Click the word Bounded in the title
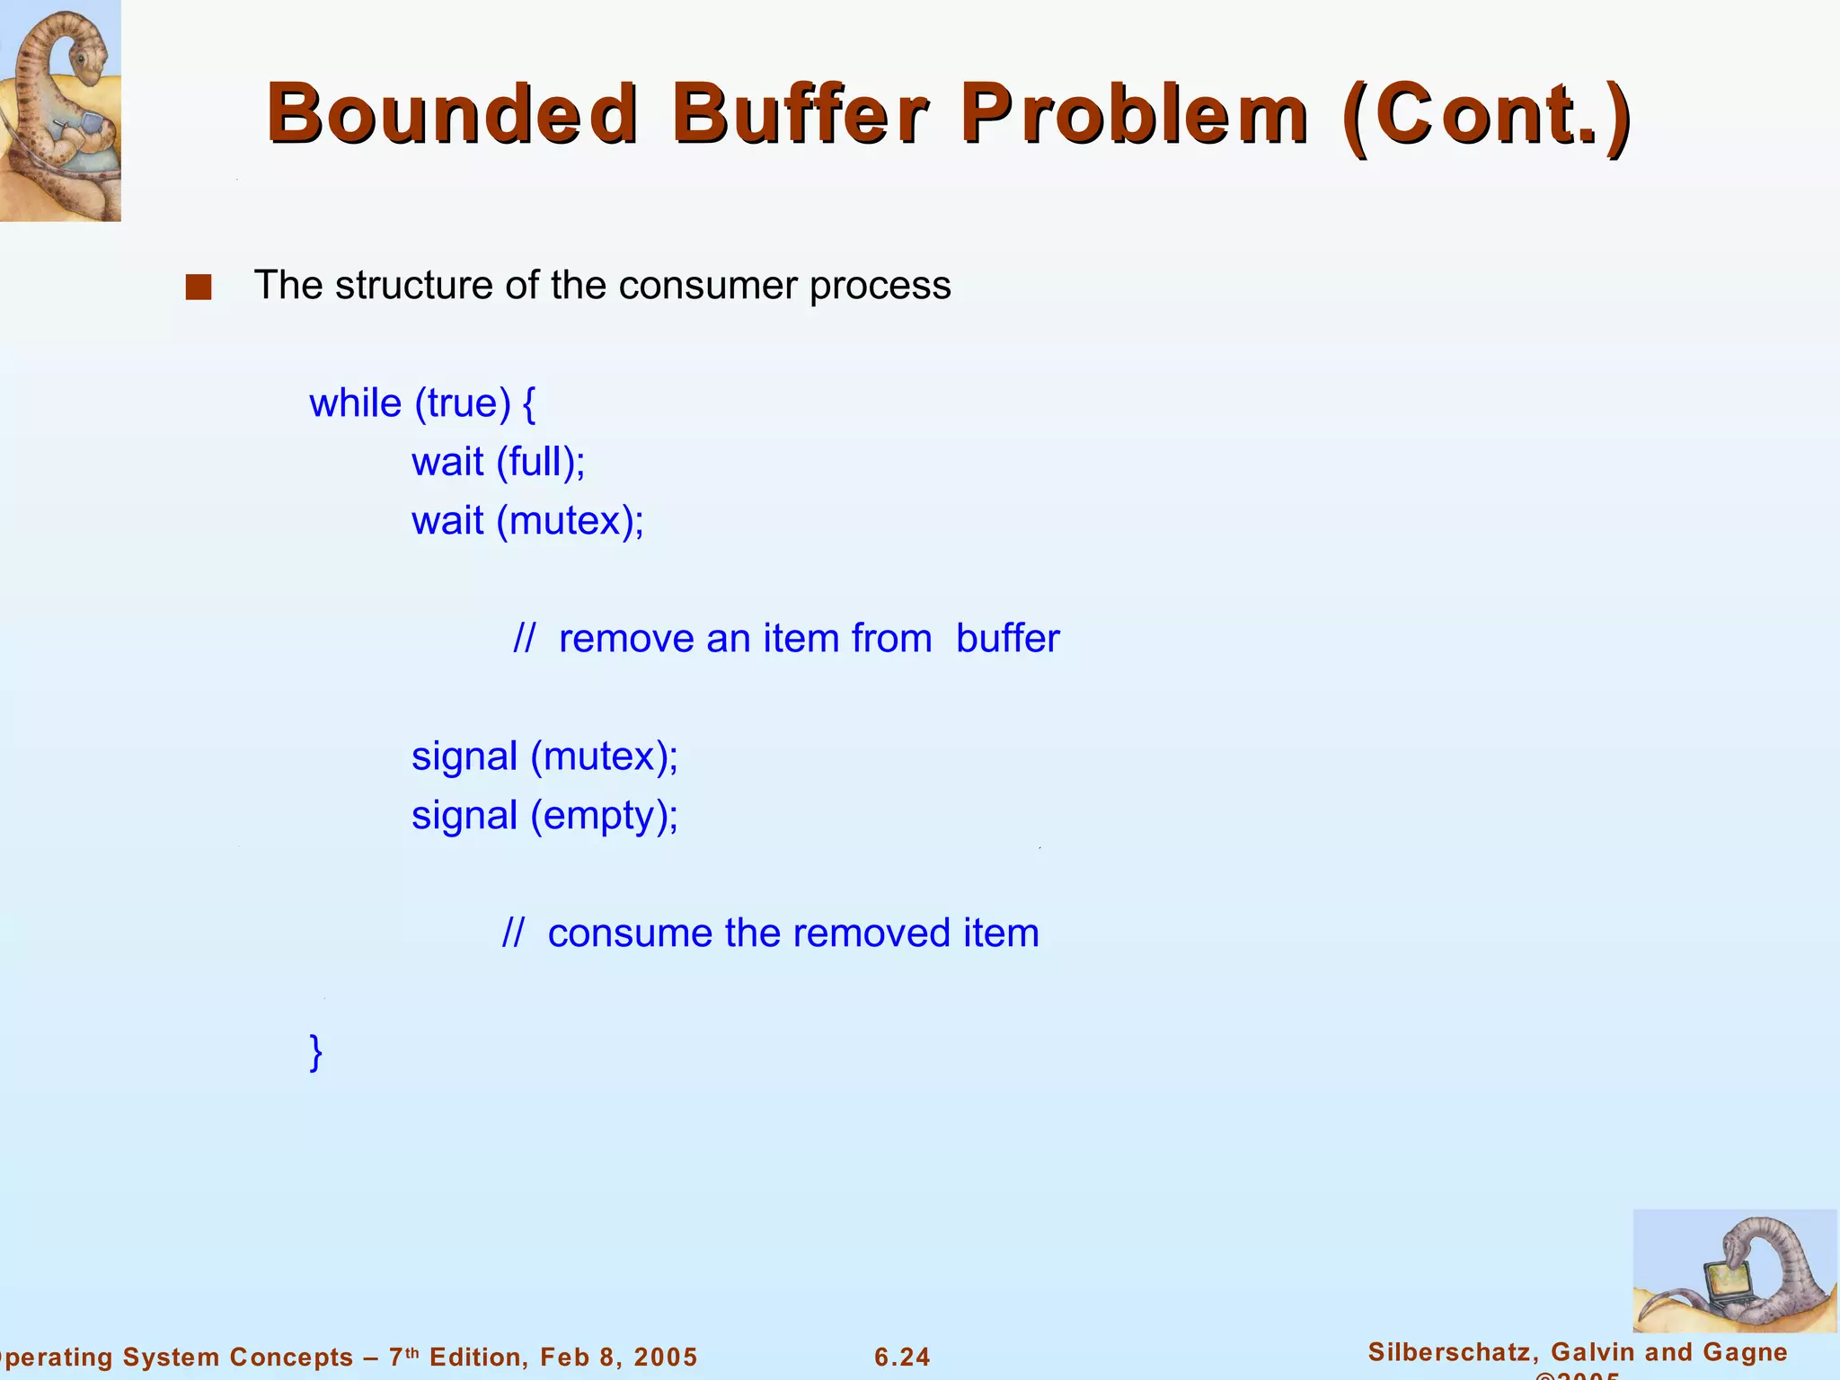[452, 114]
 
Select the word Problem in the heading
[1135, 114]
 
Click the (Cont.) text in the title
[1486, 114]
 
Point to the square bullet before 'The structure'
[199, 287]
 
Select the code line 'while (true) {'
[422, 403]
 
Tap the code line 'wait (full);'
[498, 463]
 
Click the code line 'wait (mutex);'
[527, 521]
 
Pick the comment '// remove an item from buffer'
[786, 639]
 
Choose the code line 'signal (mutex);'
[544, 756]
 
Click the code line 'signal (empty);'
[544, 816]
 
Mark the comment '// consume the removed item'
[771, 933]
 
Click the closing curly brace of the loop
[315, 1051]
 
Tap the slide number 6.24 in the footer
[902, 1357]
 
